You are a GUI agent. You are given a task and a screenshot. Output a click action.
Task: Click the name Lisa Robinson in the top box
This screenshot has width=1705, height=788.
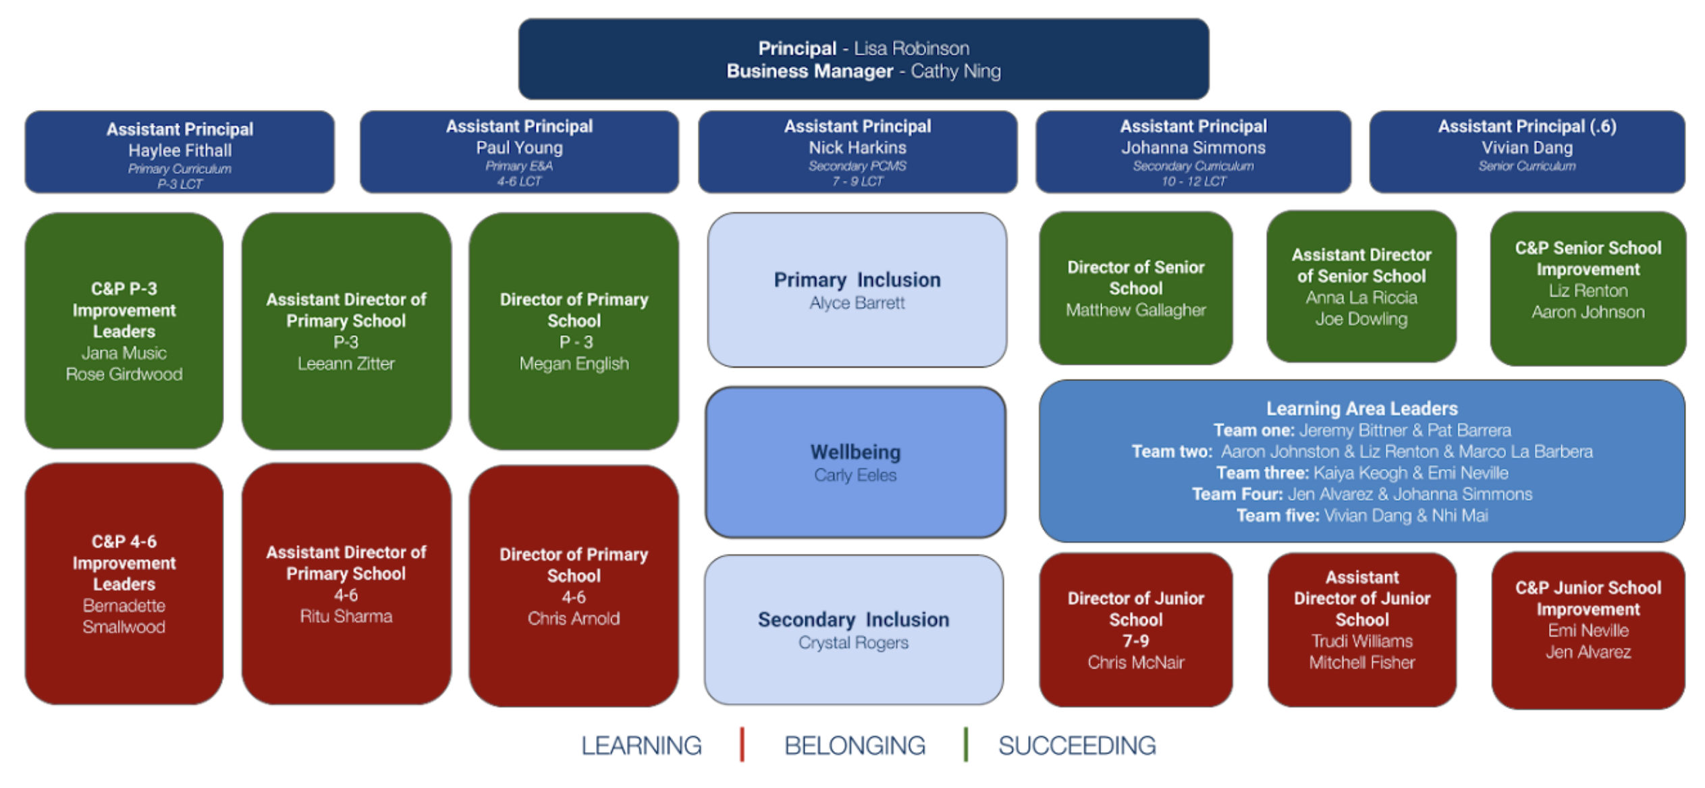click(911, 49)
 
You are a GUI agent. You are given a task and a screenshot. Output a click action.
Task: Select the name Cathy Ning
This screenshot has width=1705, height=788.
click(955, 72)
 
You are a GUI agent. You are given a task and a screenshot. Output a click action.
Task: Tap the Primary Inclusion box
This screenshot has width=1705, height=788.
click(857, 290)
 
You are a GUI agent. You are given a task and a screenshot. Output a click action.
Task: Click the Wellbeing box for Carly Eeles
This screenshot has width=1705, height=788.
click(855, 462)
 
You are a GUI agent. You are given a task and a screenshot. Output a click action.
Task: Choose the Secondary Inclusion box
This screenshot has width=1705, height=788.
click(853, 629)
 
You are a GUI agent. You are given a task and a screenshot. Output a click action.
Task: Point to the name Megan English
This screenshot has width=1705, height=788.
click(574, 364)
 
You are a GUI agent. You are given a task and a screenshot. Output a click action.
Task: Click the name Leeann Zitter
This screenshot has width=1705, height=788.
click(346, 364)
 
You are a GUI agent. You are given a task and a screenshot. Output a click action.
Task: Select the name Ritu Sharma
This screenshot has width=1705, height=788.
click(346, 616)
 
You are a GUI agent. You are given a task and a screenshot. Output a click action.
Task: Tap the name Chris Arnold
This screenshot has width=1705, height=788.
click(574, 618)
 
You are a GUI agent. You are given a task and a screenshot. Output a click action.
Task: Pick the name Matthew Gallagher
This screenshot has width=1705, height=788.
click(1135, 310)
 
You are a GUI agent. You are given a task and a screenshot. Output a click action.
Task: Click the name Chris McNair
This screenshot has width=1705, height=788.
click(1135, 663)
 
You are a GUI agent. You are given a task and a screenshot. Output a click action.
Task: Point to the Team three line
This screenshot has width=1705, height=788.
click(1361, 473)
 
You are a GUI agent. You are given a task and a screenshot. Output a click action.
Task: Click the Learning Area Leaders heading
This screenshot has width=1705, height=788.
click(1361, 409)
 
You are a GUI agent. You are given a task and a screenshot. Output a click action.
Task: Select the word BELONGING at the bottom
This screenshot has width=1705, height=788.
click(855, 745)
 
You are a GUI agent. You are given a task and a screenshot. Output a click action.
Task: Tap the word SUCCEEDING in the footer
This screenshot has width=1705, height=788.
click(1077, 745)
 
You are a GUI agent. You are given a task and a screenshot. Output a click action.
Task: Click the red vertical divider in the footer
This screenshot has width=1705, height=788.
click(742, 745)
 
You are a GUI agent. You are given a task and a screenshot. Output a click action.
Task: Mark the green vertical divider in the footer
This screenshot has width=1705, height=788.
click(966, 745)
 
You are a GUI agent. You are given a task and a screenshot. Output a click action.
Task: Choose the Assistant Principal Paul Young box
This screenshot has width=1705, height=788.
click(519, 152)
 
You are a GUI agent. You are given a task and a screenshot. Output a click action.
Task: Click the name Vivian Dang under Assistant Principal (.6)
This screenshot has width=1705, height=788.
click(1527, 148)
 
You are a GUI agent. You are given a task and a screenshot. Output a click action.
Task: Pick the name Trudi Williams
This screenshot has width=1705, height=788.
click(1361, 641)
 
